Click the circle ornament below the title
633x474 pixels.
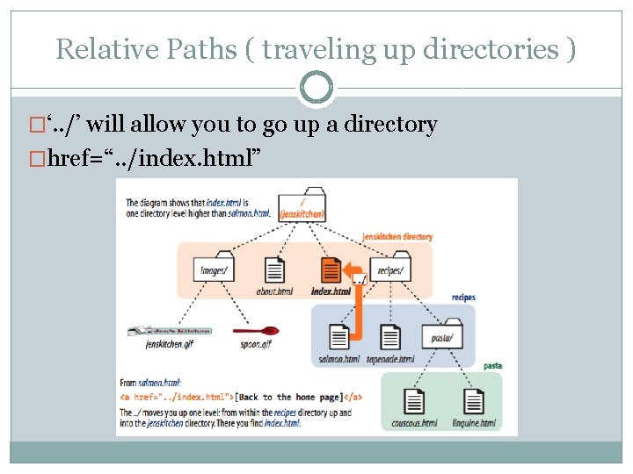pos(316,88)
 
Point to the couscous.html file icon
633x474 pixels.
pos(415,402)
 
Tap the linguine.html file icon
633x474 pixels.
pos(474,402)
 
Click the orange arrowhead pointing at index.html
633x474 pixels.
pos(348,269)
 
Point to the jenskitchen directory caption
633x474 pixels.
pos(397,237)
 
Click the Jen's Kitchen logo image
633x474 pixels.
pos(169,330)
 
